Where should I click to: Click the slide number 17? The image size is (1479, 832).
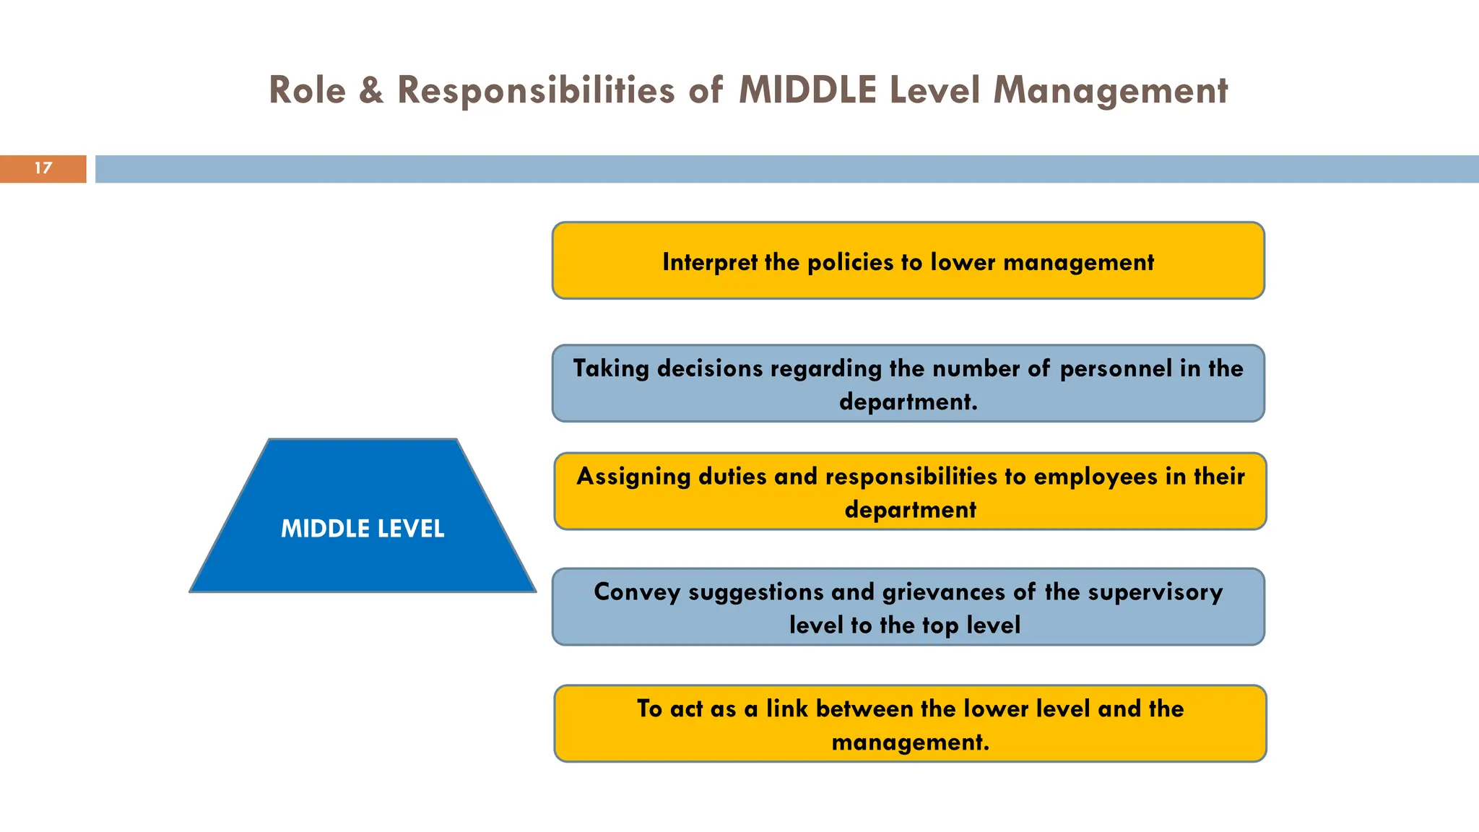pos(43,168)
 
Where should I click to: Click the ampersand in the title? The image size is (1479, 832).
pos(371,91)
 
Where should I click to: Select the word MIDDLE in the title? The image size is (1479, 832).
pos(807,91)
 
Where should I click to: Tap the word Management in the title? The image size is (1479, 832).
pos(1110,91)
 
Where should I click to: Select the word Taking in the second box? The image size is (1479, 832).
pos(611,369)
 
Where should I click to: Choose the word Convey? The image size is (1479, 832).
pos(637,592)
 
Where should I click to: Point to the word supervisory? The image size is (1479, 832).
pos(1155,592)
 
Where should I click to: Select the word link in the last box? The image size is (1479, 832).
pos(787,708)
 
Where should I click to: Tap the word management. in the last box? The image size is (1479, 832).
pos(910,742)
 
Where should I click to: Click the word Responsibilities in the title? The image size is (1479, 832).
pos(536,91)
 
